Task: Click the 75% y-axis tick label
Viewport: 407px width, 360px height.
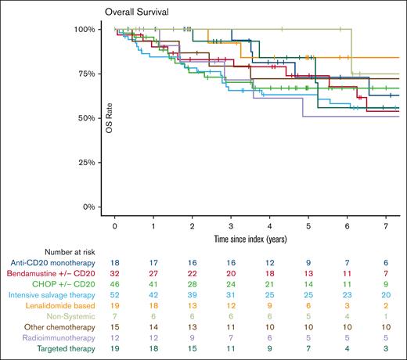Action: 86,74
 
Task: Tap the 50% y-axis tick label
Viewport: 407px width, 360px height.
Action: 86,118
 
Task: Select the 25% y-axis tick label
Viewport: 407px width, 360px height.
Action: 86,163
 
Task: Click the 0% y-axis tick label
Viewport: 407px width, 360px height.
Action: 88,207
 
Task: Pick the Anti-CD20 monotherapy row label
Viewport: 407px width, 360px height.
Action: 48,264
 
